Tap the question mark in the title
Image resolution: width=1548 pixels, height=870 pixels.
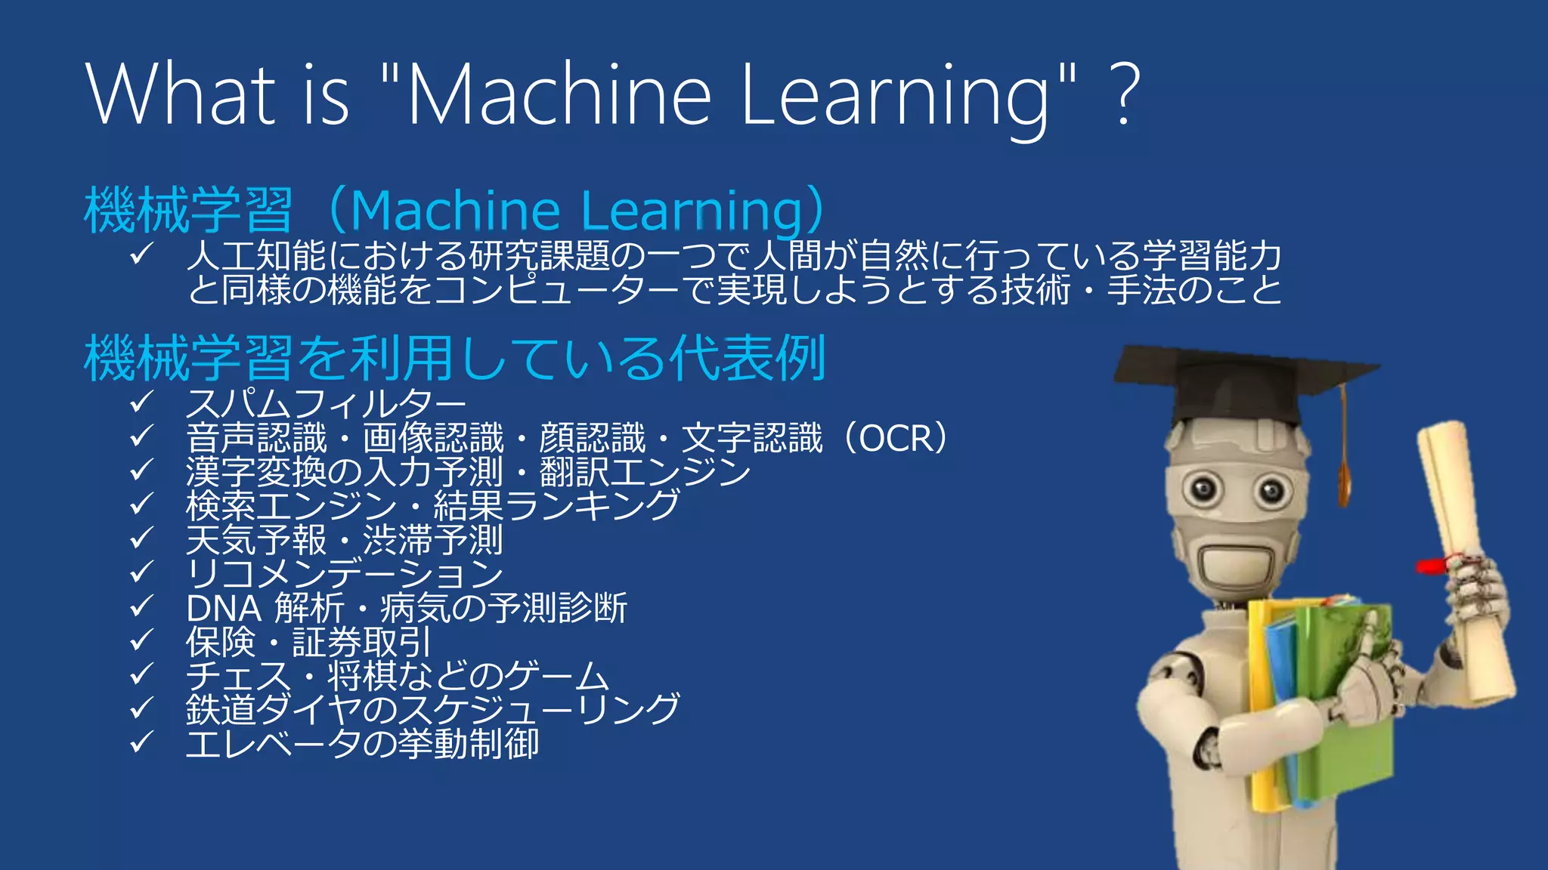point(1125,95)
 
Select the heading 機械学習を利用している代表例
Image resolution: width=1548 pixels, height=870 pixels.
point(454,358)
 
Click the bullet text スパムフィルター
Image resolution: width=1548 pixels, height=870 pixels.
point(325,405)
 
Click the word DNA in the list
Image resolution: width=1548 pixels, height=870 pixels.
point(224,609)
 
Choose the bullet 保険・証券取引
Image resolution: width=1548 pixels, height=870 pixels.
point(308,643)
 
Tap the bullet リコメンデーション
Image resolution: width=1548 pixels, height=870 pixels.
point(345,575)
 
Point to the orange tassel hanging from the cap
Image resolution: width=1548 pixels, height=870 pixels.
point(1344,468)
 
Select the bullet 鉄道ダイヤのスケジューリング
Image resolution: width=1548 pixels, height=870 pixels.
point(432,709)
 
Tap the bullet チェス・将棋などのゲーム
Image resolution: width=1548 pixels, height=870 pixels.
point(398,676)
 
